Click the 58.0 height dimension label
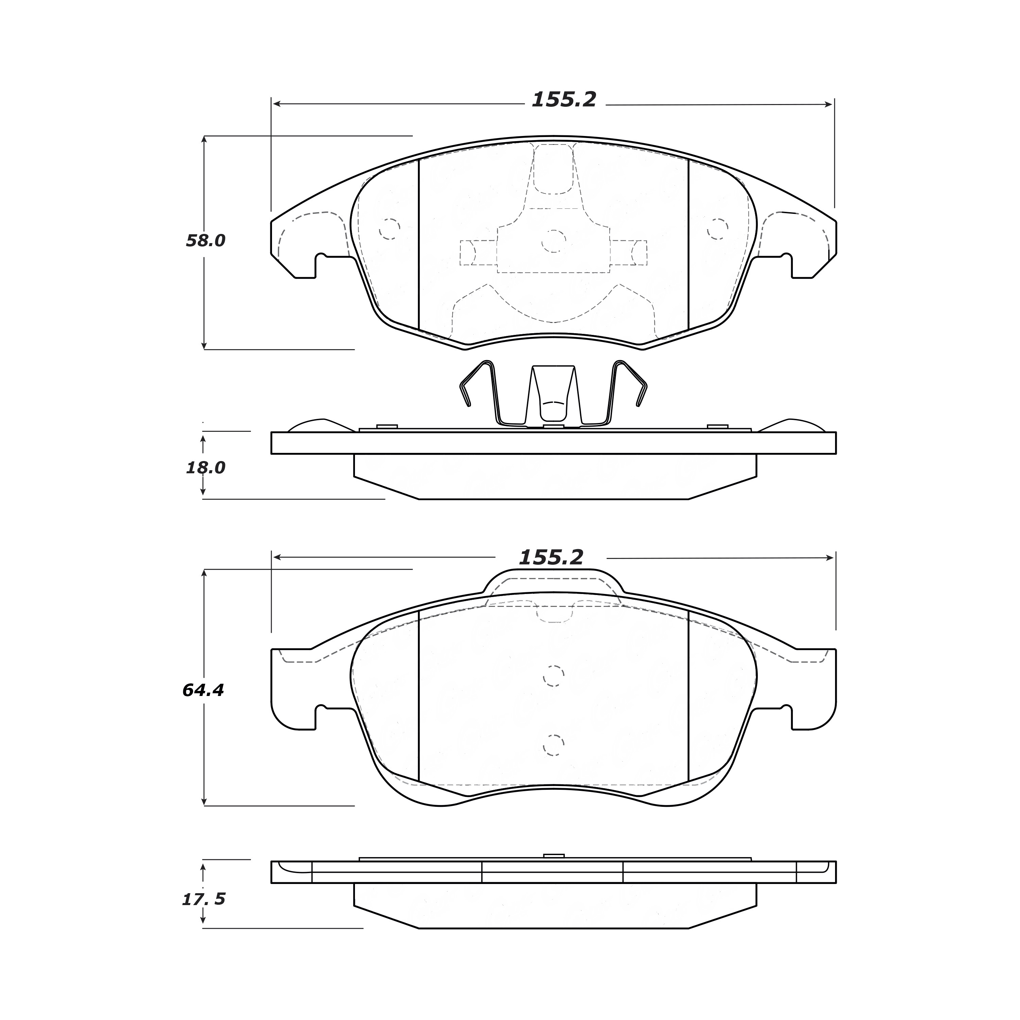pos(205,241)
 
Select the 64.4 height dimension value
pos(203,690)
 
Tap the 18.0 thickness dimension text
pos(205,467)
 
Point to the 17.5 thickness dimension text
pos(204,899)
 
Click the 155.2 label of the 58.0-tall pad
pos(564,99)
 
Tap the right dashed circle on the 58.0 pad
pos(717,228)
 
